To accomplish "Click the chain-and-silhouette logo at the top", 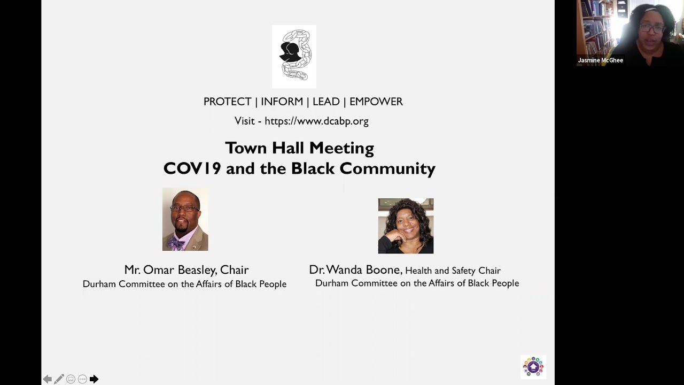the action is point(294,57).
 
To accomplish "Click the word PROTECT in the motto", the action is point(227,102).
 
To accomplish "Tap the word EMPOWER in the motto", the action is point(376,102).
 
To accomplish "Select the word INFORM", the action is point(282,102).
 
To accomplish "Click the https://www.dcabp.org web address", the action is point(317,121).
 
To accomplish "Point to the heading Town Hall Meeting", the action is point(300,148).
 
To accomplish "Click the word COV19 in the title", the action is point(192,168).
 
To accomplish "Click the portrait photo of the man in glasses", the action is point(185,219).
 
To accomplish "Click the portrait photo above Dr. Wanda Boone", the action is point(406,226).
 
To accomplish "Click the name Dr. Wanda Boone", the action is point(355,269).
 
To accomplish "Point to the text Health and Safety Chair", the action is point(453,271).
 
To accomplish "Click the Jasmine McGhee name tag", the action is point(600,60).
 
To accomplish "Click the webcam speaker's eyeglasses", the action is point(652,29).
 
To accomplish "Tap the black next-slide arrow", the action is point(94,379).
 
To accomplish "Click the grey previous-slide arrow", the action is point(48,379).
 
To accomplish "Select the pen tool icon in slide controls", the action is point(59,379).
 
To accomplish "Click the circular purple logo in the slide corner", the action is point(533,367).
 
